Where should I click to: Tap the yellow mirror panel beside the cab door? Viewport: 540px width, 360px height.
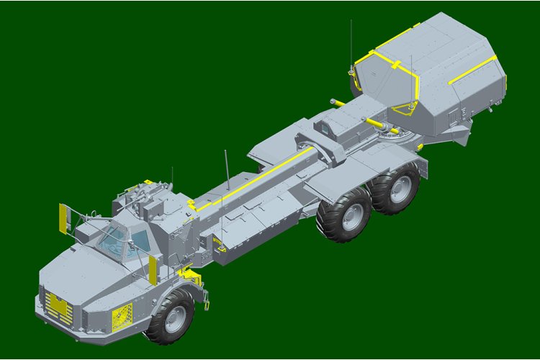[x=153, y=268]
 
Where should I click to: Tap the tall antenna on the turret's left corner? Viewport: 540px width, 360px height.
[x=351, y=43]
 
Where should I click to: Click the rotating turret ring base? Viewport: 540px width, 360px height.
[x=392, y=133]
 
